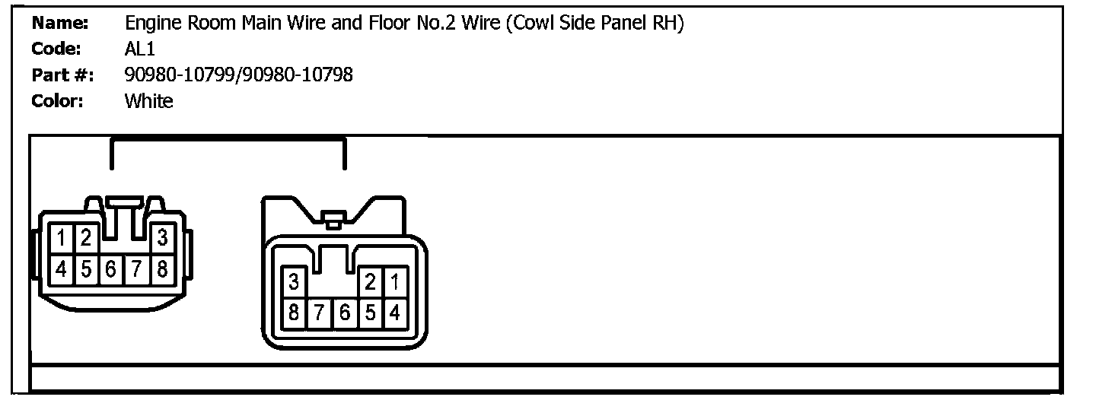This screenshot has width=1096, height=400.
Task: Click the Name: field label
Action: pyautogui.click(x=60, y=24)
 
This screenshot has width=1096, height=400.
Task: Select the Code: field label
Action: pyautogui.click(x=56, y=49)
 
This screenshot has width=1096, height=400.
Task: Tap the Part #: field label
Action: pyautogui.click(x=62, y=75)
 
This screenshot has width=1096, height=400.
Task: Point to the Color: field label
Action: pyautogui.click(x=57, y=100)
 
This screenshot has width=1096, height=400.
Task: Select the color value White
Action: pyautogui.click(x=148, y=100)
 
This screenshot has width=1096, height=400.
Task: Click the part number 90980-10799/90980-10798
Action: pyautogui.click(x=238, y=75)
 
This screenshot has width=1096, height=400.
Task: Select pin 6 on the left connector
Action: pyautogui.click(x=112, y=268)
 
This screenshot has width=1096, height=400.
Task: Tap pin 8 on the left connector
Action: pyautogui.click(x=162, y=268)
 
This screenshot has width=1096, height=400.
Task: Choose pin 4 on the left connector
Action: pyautogui.click(x=62, y=268)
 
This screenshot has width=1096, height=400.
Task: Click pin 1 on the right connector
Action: pyautogui.click(x=394, y=283)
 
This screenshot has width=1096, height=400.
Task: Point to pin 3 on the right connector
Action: pyautogui.click(x=294, y=283)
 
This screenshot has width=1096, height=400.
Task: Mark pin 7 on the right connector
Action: pyautogui.click(x=319, y=312)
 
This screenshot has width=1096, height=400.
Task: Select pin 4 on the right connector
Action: pyautogui.click(x=394, y=312)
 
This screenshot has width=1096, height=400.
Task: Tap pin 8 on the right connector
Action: pyautogui.click(x=294, y=312)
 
